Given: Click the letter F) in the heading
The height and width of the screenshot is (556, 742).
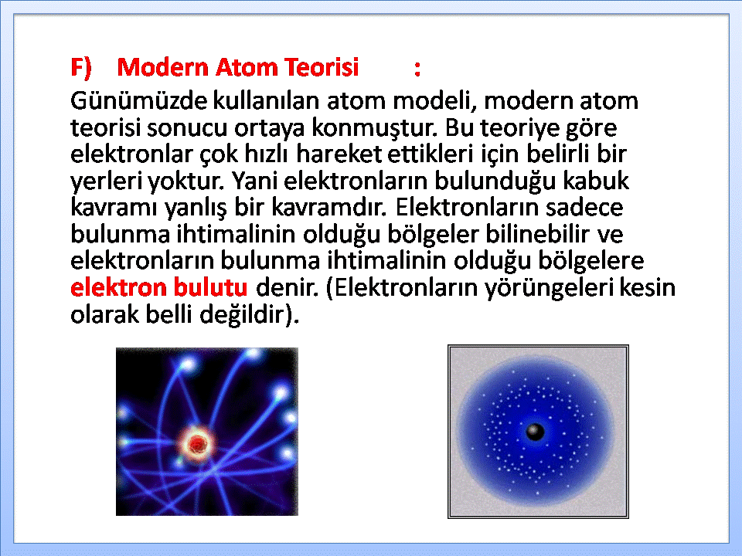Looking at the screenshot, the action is pyautogui.click(x=81, y=68).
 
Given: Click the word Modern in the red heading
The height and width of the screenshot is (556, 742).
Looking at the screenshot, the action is pyautogui.click(x=162, y=67).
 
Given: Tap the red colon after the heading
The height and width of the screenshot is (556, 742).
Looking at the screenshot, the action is pyautogui.click(x=417, y=69).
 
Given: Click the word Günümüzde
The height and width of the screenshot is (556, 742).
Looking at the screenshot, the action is pyautogui.click(x=138, y=100).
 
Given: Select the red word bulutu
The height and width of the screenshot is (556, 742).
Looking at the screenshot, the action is pyautogui.click(x=210, y=286).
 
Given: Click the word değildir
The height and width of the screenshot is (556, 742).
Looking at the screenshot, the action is pyautogui.click(x=243, y=314).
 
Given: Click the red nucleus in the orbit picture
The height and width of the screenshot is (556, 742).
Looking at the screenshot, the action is pyautogui.click(x=196, y=444).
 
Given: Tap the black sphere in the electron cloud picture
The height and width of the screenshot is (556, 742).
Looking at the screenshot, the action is pyautogui.click(x=535, y=431).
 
